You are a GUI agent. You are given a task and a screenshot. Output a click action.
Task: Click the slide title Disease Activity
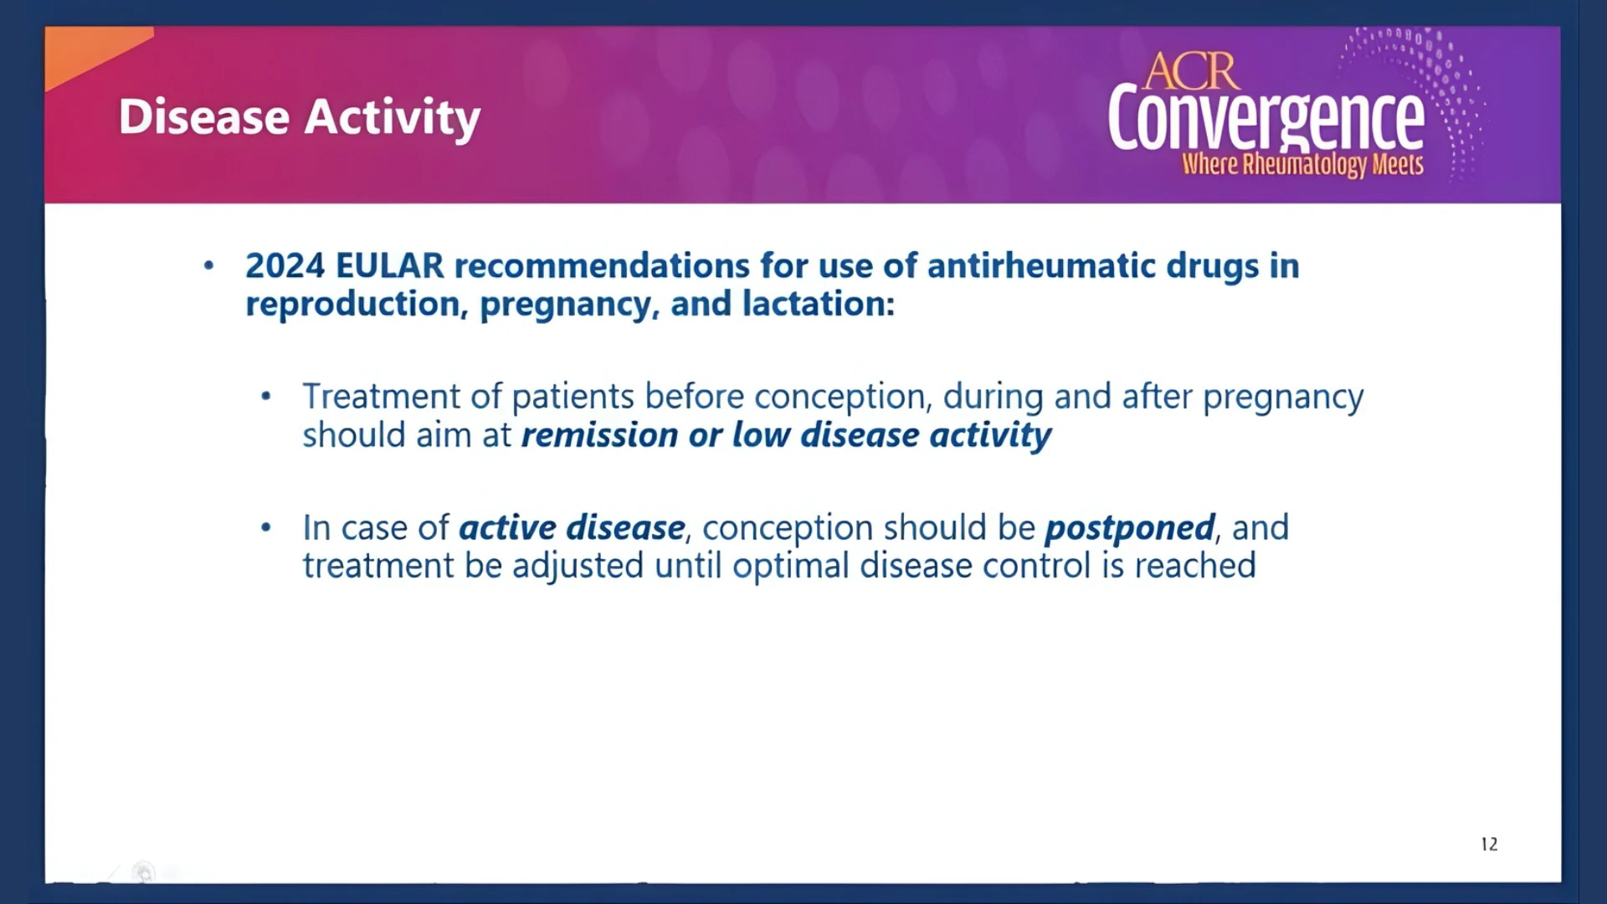pos(300,118)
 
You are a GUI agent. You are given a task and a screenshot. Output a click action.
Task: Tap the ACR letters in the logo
pos(1191,72)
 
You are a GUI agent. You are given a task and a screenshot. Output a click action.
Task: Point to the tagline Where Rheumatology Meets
pos(1302,165)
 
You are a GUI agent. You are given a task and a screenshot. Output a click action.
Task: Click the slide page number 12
pos(1489,844)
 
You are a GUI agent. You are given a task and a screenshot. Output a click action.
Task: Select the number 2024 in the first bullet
pos(285,266)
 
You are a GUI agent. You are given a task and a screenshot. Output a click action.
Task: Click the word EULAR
pos(389,266)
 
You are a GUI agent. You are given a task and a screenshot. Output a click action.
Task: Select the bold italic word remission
pos(599,435)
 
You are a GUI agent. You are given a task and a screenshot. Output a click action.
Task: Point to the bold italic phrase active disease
pos(572,528)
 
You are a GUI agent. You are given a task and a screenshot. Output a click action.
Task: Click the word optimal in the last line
pos(791,567)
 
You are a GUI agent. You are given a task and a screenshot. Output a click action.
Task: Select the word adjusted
pos(578,567)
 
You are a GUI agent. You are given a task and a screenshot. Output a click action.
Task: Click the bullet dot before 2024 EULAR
pos(208,266)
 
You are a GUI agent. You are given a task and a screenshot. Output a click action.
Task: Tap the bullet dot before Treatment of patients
pos(266,396)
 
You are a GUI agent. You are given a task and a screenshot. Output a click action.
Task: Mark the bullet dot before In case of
pos(266,527)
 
